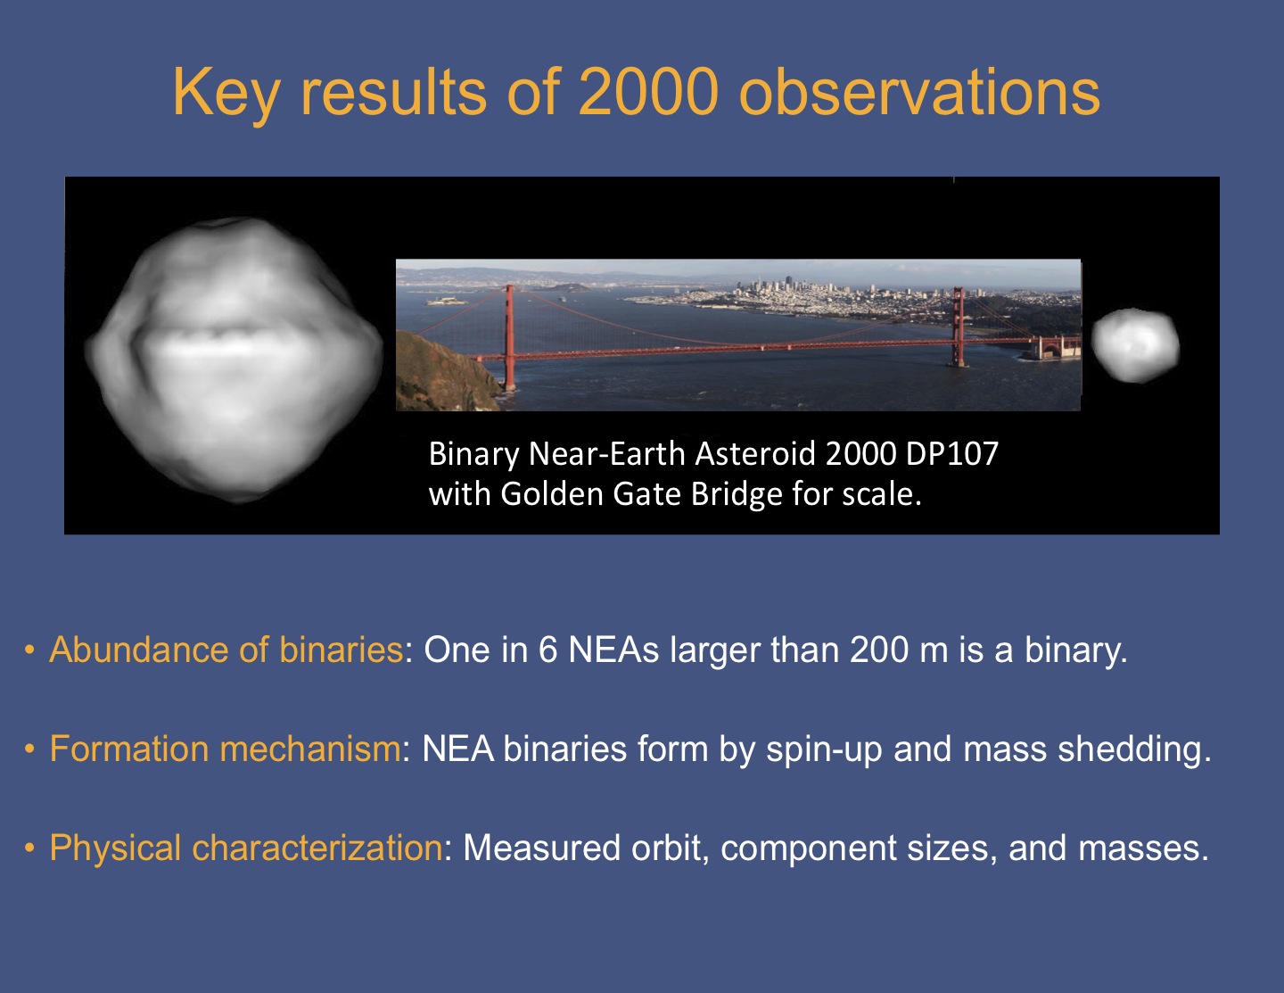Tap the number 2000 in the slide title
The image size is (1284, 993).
pyautogui.click(x=649, y=92)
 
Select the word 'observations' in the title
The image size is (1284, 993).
pyautogui.click(x=919, y=92)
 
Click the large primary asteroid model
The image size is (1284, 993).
pyautogui.click(x=235, y=360)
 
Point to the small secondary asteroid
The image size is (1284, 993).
pyautogui.click(x=1135, y=345)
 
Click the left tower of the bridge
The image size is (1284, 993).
pyautogui.click(x=509, y=337)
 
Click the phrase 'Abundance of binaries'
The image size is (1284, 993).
pyautogui.click(x=226, y=650)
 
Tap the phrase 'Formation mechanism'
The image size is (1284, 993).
pyautogui.click(x=225, y=749)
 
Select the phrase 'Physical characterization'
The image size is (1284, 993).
pyautogui.click(x=246, y=848)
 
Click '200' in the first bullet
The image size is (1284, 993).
pyautogui.click(x=879, y=650)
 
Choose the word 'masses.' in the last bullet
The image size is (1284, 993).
pyautogui.click(x=1143, y=848)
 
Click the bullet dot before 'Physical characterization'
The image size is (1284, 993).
pyautogui.click(x=29, y=848)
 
